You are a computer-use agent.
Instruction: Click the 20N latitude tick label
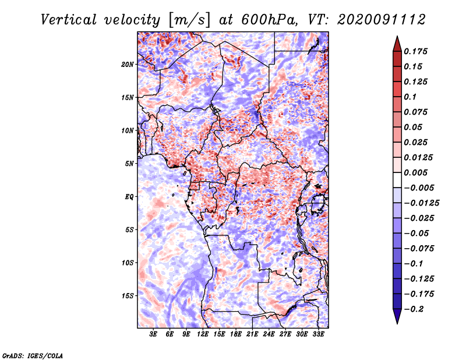point(128,64)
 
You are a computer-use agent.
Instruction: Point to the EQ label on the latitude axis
point(129,196)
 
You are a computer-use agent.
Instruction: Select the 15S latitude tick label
point(128,295)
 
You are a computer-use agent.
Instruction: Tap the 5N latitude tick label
point(129,163)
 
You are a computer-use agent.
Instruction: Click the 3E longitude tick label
point(153,334)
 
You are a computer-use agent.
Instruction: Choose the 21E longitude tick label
point(252,334)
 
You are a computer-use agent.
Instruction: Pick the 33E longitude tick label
point(318,334)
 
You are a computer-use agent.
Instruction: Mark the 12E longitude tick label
point(203,334)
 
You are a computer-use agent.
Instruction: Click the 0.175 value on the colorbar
point(416,51)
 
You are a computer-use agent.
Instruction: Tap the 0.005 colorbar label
point(416,173)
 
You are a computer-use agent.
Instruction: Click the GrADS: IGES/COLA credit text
point(33,355)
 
